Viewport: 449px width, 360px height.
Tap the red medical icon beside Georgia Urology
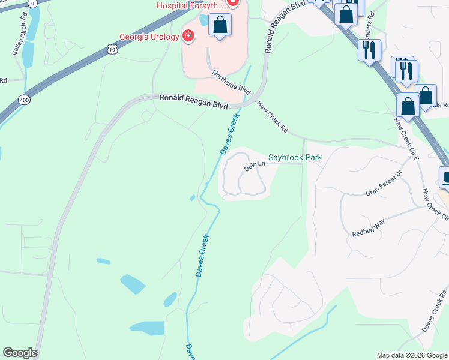(188, 37)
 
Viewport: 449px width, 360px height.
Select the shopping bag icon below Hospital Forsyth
(220, 25)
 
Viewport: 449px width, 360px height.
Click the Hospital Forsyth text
(190, 5)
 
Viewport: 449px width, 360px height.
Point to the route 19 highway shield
(112, 50)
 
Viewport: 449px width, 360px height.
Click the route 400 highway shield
(24, 100)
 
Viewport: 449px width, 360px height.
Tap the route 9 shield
(31, 3)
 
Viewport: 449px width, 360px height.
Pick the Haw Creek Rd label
(273, 116)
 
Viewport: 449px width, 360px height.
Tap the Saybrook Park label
(295, 157)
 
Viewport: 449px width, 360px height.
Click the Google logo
(20, 353)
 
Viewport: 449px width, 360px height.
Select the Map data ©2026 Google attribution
(411, 355)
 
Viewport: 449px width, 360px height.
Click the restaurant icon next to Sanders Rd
(369, 50)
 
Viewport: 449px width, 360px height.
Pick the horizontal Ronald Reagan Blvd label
(193, 101)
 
